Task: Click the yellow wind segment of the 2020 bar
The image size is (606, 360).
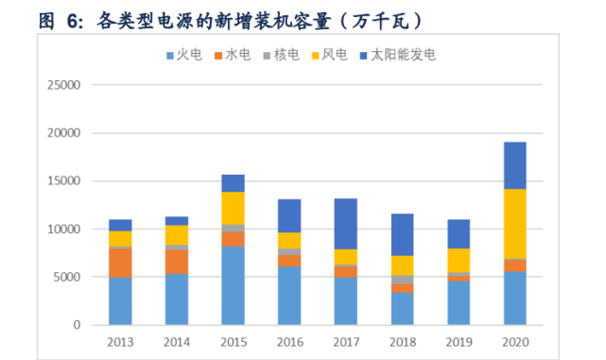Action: pos(514,223)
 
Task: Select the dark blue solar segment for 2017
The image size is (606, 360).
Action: pos(346,224)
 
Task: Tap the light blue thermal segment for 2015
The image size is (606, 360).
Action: pos(233,285)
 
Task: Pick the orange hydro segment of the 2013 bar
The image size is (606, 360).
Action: pos(120,262)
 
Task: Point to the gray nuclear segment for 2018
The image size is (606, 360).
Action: pos(402,280)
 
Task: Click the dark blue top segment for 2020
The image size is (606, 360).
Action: pos(514,165)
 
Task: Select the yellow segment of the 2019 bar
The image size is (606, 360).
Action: pos(459,260)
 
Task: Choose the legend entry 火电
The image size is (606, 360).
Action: pos(183,55)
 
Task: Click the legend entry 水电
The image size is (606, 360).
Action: pos(235,55)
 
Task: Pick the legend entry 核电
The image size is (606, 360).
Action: pos(287,55)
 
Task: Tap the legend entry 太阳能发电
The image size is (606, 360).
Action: pos(402,55)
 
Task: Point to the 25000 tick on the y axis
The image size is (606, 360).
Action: pos(64,85)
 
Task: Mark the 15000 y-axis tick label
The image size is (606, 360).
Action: pos(64,180)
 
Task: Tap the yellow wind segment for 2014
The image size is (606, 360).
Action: pos(177,234)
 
